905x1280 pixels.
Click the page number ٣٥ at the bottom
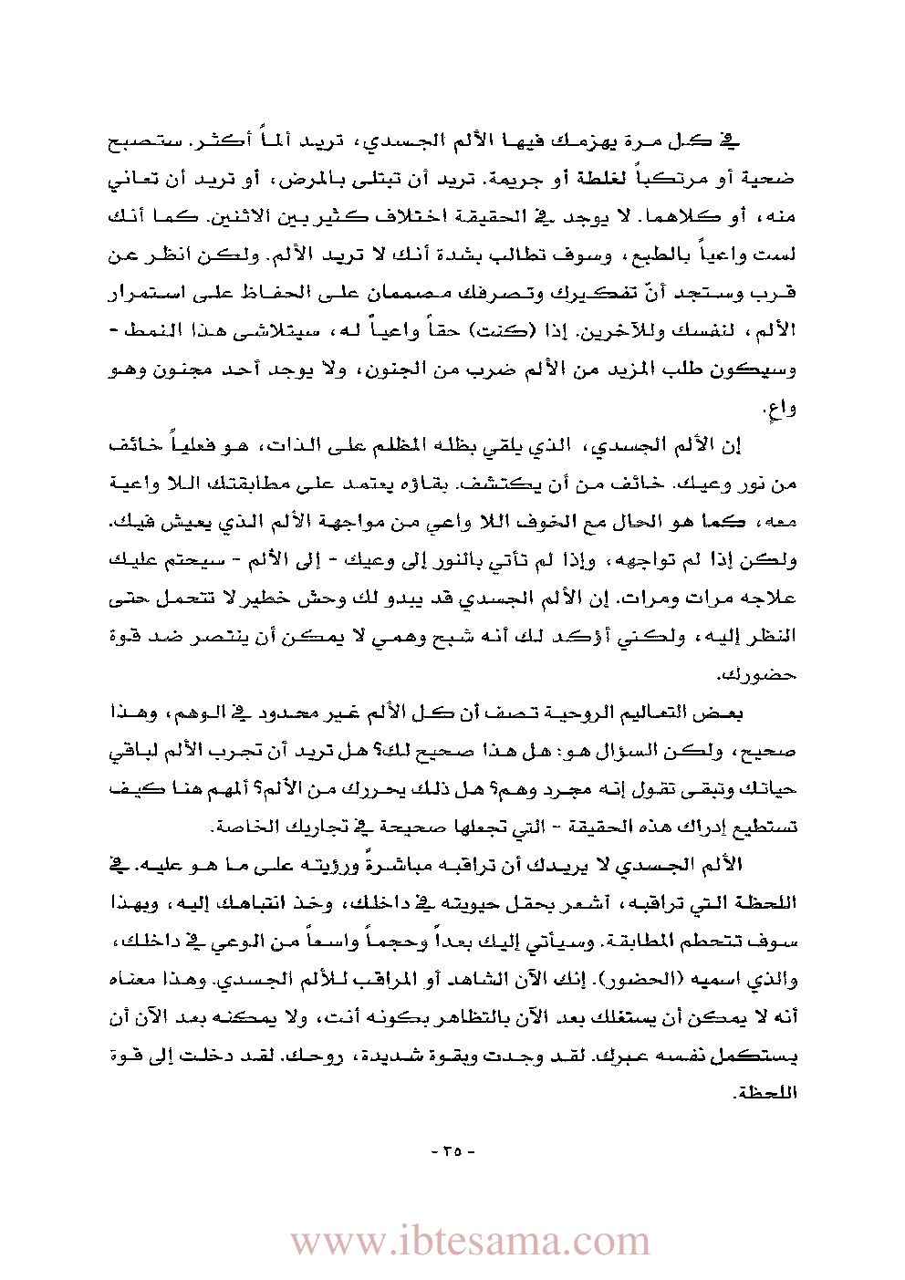point(452,1151)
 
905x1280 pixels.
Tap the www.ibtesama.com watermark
point(470,1242)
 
